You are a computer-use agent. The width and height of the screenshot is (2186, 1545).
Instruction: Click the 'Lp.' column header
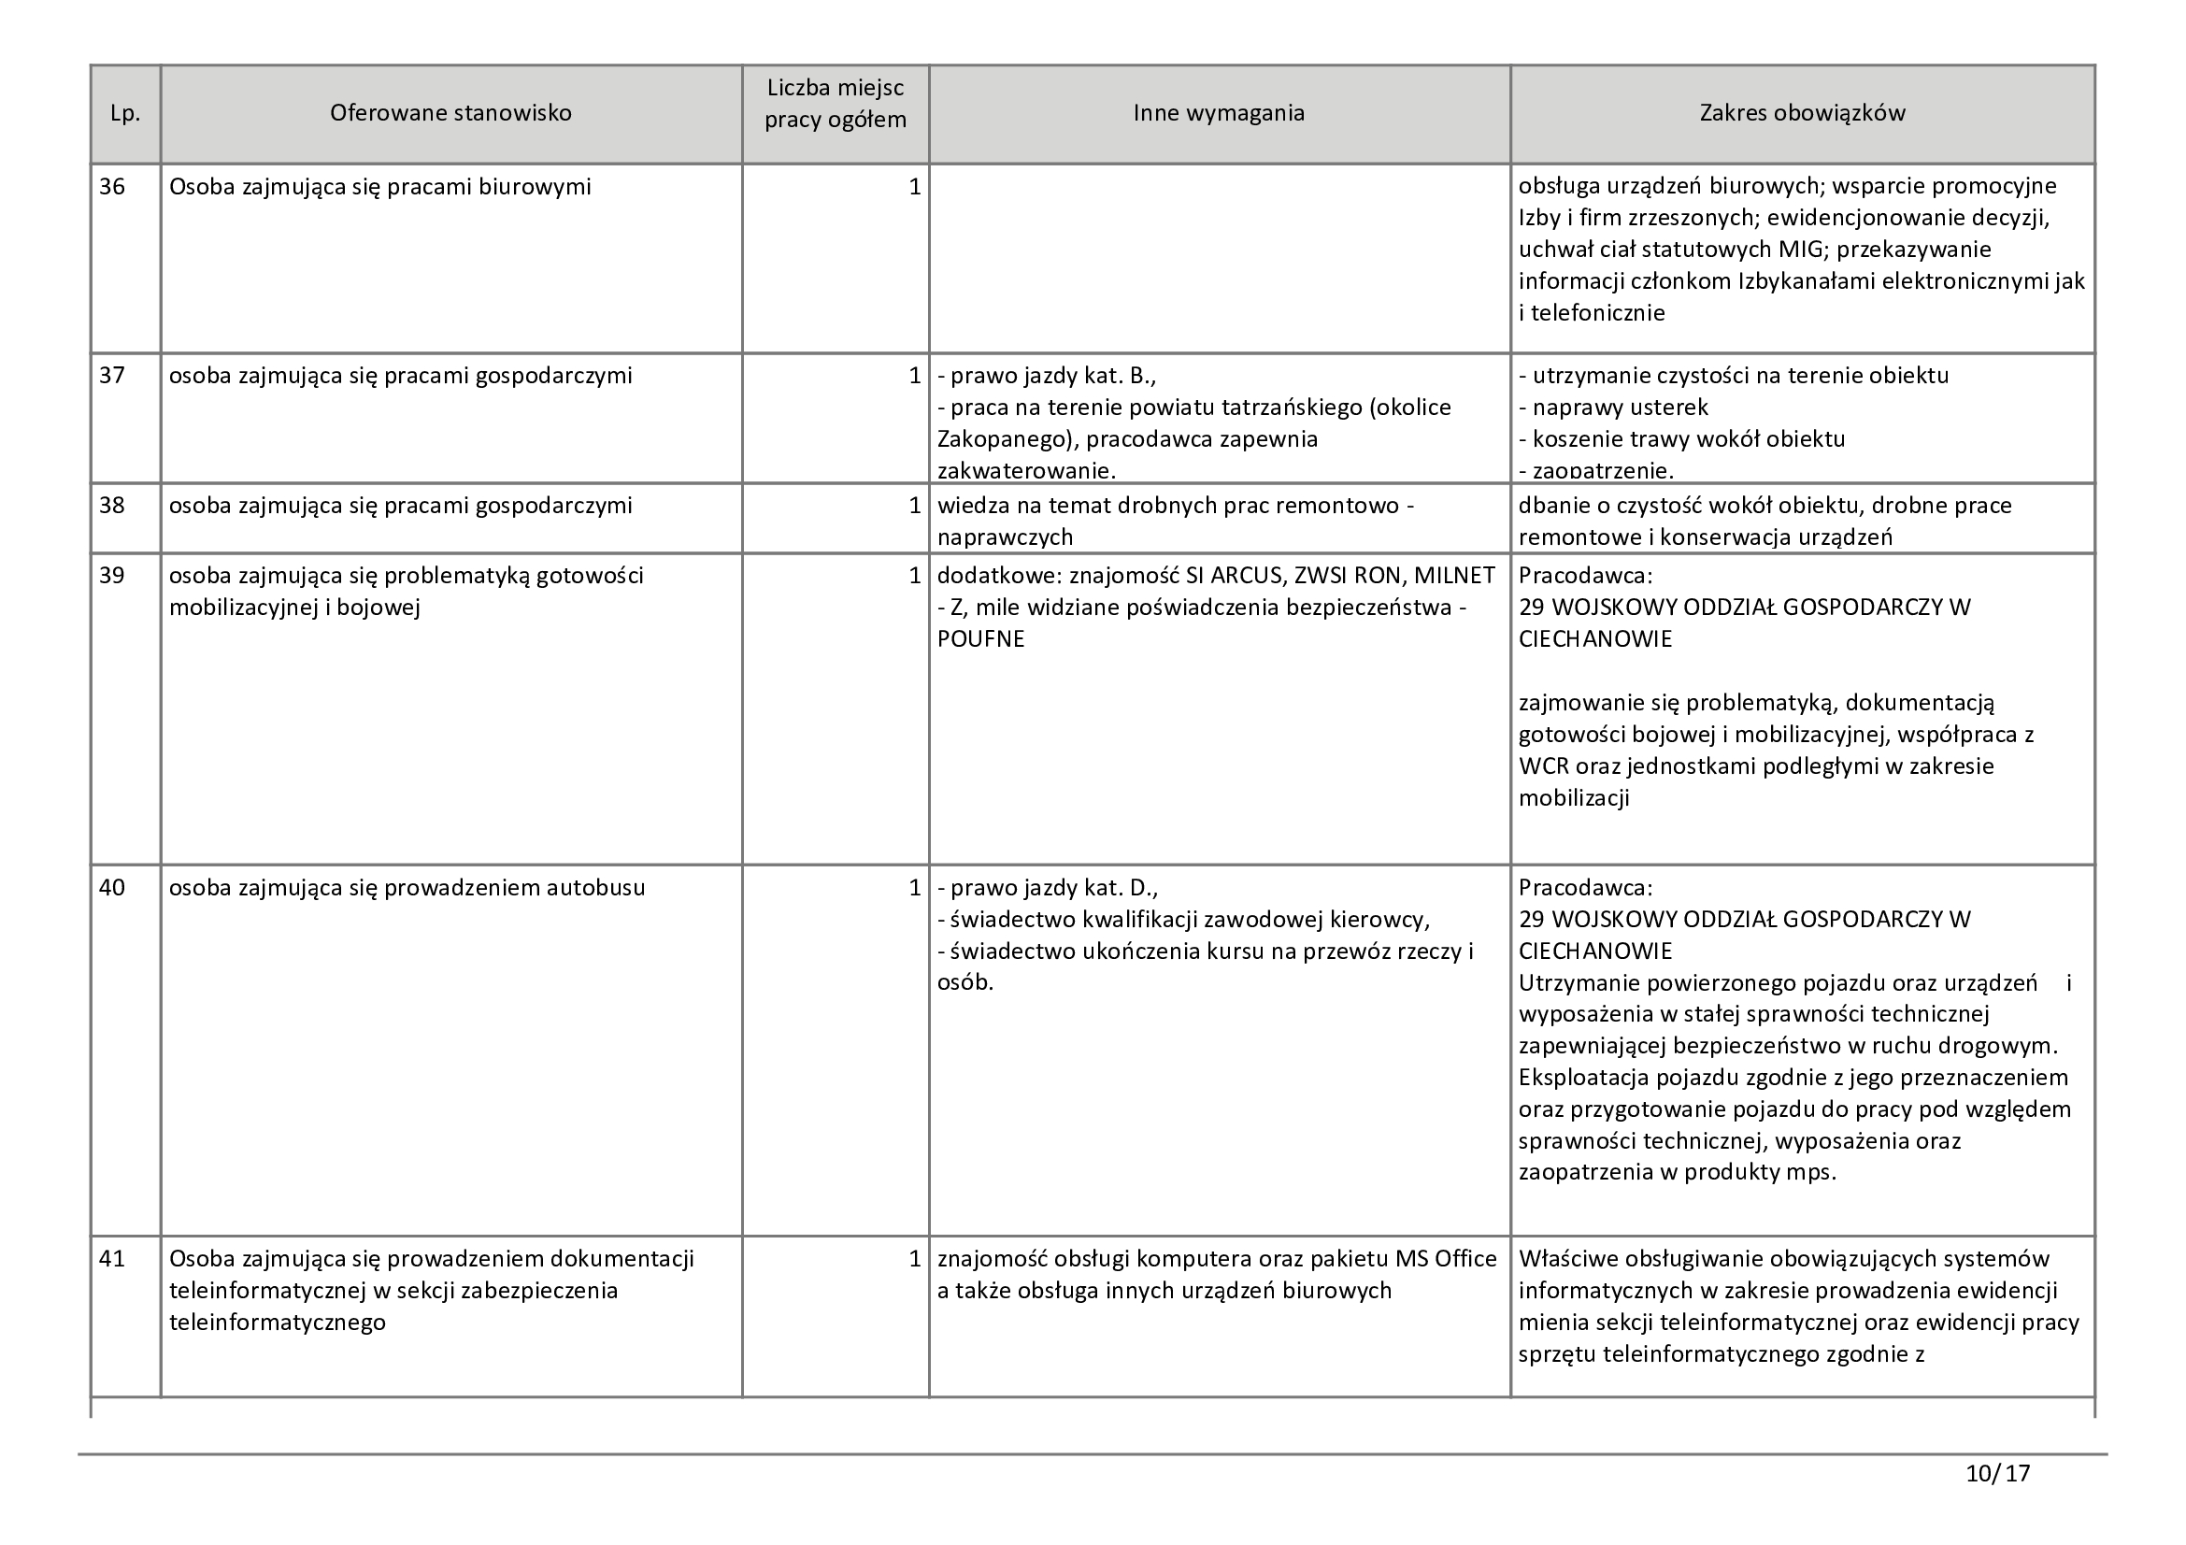click(x=124, y=113)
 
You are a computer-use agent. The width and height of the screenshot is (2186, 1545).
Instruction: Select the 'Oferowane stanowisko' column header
click(x=450, y=113)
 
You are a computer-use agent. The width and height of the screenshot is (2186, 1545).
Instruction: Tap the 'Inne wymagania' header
click(x=1219, y=113)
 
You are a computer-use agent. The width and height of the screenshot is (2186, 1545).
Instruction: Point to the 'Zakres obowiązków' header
click(x=1802, y=113)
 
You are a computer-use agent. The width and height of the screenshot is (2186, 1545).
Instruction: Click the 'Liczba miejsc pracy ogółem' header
click(x=835, y=104)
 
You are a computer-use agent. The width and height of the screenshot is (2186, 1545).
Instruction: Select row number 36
click(x=112, y=187)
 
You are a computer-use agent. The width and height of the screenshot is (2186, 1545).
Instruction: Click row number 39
click(x=112, y=576)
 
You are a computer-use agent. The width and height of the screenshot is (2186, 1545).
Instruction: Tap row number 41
click(x=112, y=1259)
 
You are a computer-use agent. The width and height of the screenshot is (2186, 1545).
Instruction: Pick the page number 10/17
click(x=1997, y=1474)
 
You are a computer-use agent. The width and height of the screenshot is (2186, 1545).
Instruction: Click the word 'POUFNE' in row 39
click(x=980, y=639)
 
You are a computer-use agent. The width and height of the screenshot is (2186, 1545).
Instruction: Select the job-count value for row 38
click(x=914, y=506)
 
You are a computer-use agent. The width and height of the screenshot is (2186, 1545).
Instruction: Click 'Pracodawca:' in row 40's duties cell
click(x=1585, y=888)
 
